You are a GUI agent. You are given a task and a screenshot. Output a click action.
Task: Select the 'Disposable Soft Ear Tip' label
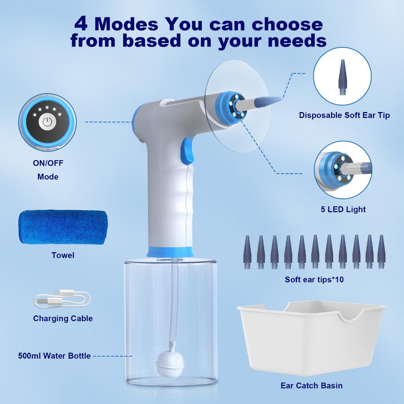(344, 115)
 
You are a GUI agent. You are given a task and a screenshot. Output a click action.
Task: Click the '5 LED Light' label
(343, 209)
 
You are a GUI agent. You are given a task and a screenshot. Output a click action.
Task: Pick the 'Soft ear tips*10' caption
(314, 280)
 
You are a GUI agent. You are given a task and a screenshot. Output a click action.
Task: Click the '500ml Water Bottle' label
(54, 356)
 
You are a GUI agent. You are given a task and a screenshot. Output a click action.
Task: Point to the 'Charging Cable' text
(63, 318)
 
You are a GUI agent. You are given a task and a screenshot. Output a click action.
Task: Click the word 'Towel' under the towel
(63, 255)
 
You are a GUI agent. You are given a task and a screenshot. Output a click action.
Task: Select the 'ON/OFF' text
(48, 163)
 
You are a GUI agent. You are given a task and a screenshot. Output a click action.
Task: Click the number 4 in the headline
(81, 24)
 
